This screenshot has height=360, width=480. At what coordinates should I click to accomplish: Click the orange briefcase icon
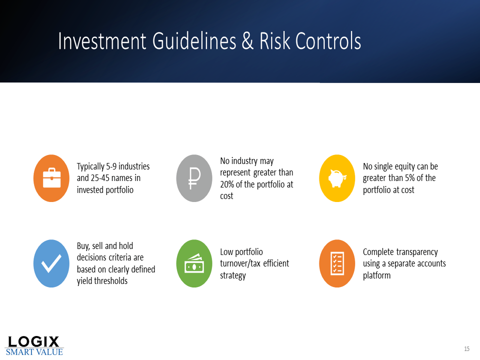pyautogui.click(x=51, y=178)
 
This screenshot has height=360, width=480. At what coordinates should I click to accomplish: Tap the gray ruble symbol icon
pyautogui.click(x=194, y=178)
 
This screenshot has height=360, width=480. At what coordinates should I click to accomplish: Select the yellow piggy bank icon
pyautogui.click(x=337, y=178)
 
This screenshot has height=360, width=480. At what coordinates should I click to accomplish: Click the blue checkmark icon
pyautogui.click(x=51, y=263)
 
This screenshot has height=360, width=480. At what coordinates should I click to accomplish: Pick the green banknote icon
pyautogui.click(x=194, y=263)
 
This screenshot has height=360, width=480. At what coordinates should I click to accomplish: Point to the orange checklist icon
pyautogui.click(x=337, y=263)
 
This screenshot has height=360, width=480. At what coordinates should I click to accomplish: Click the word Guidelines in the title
pyautogui.click(x=194, y=41)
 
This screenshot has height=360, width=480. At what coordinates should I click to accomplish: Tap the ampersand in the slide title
pyautogui.click(x=247, y=41)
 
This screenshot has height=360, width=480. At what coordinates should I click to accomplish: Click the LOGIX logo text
pyautogui.click(x=33, y=341)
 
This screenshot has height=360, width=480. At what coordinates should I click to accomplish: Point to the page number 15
pyautogui.click(x=466, y=348)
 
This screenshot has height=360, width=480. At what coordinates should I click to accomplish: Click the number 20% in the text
pyautogui.click(x=227, y=184)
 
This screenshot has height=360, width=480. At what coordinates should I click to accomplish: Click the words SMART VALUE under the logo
pyautogui.click(x=34, y=352)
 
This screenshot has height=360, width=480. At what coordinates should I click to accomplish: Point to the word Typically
pyautogui.click(x=90, y=167)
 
